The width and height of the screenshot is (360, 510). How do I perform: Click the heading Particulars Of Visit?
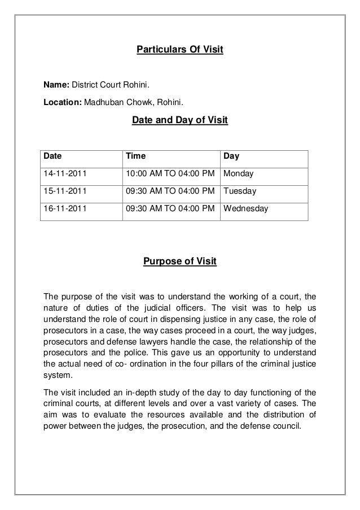pos(180,50)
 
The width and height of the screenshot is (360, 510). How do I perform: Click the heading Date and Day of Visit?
pos(179,120)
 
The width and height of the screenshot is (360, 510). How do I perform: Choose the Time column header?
pos(134,156)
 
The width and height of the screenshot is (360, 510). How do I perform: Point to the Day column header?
pos(231,156)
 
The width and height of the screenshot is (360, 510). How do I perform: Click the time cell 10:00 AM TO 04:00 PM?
pos(170,173)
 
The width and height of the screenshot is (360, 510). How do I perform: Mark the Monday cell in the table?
pos(239,173)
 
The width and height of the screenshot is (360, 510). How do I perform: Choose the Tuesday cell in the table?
pos(240,191)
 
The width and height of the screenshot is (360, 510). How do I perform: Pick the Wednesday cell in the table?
pos(246,208)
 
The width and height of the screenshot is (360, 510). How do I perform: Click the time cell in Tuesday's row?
pos(170,191)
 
